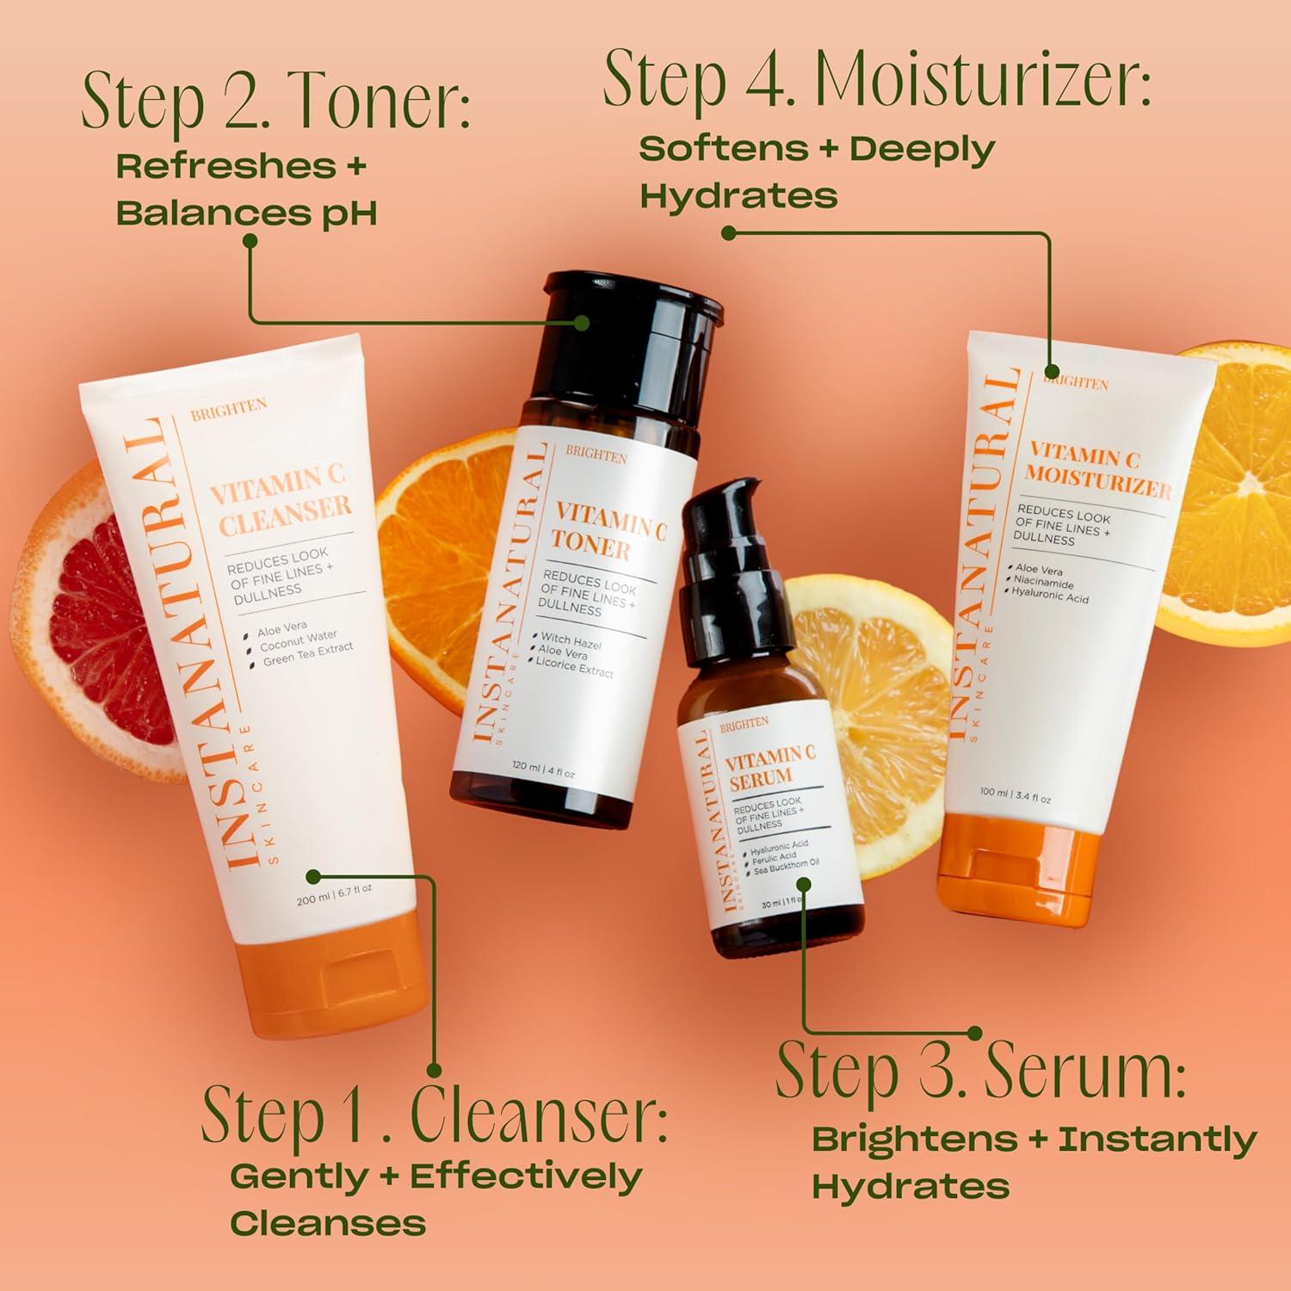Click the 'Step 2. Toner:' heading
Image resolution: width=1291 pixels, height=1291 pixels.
coord(275,102)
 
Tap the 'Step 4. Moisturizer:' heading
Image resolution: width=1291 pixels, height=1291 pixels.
coord(876,80)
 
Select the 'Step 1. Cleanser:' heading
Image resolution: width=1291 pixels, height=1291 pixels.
coord(434,1114)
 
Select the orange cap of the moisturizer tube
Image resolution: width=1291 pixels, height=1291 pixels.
coord(1016,874)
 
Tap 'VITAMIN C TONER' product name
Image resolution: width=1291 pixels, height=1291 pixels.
coord(607,532)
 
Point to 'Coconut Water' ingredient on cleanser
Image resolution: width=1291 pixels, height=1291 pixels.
coord(298,641)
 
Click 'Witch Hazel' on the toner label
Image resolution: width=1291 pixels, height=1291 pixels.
coord(571,641)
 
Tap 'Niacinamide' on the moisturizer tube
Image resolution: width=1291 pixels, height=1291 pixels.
coord(1043,583)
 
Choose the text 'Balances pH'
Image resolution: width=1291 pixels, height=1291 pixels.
coord(246,213)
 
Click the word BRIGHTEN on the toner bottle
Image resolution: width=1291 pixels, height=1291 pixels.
coord(596,455)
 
